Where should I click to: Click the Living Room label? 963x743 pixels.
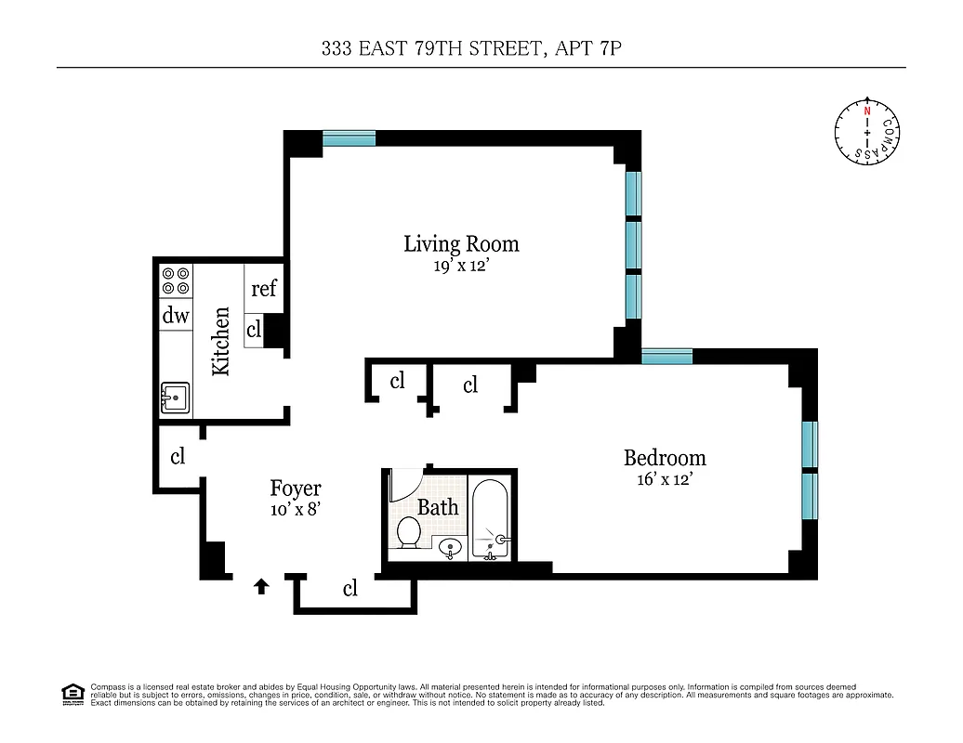(x=461, y=244)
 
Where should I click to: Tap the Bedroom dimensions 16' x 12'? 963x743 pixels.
(x=665, y=479)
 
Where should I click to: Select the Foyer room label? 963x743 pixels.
(x=296, y=489)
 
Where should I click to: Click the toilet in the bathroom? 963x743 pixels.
(x=408, y=533)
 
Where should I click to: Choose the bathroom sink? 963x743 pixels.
(x=450, y=548)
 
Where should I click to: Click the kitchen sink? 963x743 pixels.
(x=175, y=398)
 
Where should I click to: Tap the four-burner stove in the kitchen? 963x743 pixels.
(x=175, y=280)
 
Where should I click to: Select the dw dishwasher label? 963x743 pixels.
(x=175, y=316)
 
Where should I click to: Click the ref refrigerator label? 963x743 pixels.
(x=264, y=289)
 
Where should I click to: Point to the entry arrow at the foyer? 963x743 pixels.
(x=262, y=586)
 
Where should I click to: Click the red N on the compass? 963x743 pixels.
(x=866, y=111)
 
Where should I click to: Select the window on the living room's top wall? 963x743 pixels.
(x=350, y=138)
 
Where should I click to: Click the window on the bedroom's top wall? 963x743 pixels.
(x=666, y=356)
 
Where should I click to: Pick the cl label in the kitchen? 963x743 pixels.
(x=254, y=329)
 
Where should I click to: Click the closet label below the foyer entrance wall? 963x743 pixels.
(x=350, y=588)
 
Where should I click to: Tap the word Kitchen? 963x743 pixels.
(x=221, y=342)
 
